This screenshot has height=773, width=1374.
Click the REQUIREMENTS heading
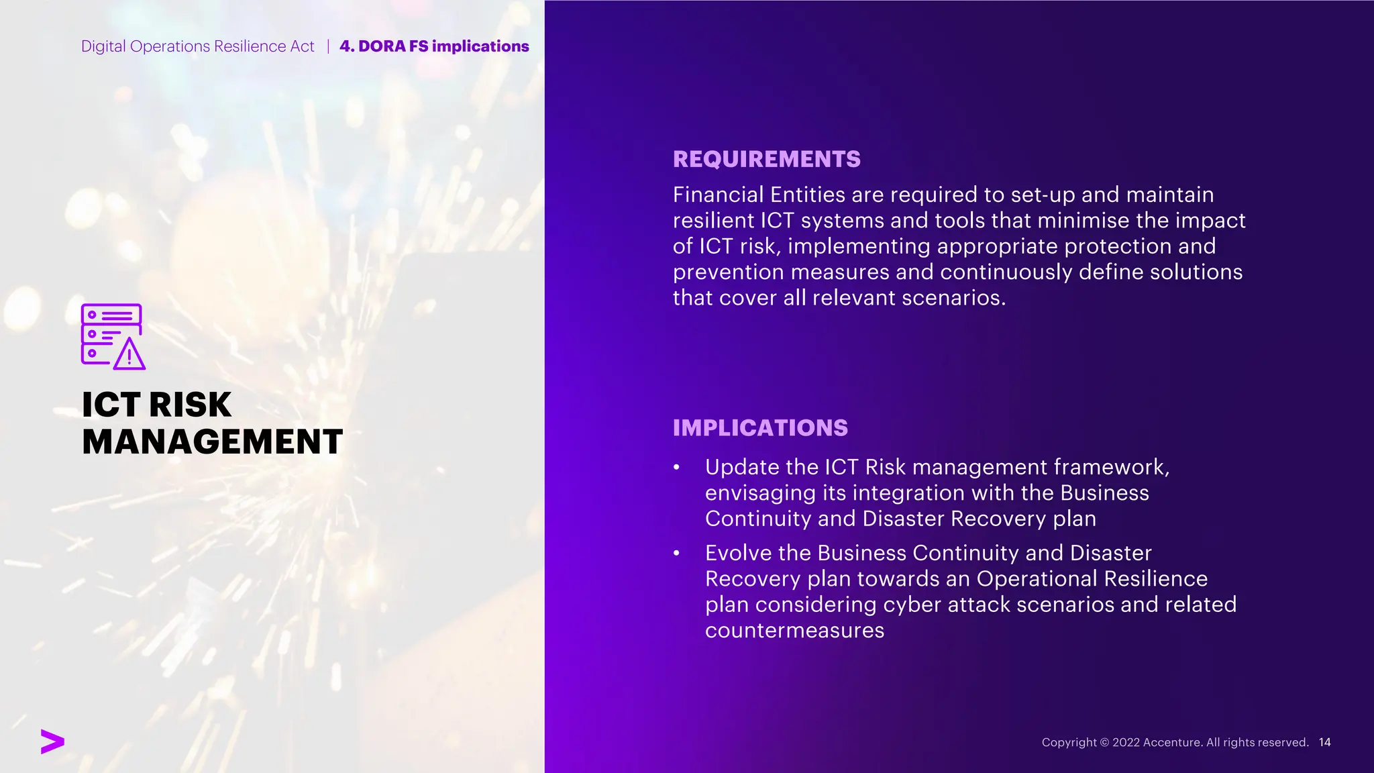(766, 159)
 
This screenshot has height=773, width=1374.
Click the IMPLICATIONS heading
(760, 428)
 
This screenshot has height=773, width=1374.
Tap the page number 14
(1324, 742)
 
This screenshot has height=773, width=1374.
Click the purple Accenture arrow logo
(52, 741)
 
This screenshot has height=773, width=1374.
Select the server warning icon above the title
(112, 336)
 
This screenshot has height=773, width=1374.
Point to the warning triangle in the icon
(129, 355)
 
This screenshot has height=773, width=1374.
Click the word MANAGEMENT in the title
(212, 442)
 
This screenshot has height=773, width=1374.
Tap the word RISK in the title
(190, 405)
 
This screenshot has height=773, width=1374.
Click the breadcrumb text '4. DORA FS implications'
(434, 46)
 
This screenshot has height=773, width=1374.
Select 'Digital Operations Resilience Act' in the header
(197, 46)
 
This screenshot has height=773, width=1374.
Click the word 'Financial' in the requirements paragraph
(718, 195)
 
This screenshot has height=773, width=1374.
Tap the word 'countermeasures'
(794, 631)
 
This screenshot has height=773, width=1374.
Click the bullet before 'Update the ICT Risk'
(677, 467)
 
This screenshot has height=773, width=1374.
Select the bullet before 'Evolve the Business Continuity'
(677, 553)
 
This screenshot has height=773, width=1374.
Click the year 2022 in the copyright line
(1126, 742)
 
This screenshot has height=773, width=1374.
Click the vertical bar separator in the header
(328, 46)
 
